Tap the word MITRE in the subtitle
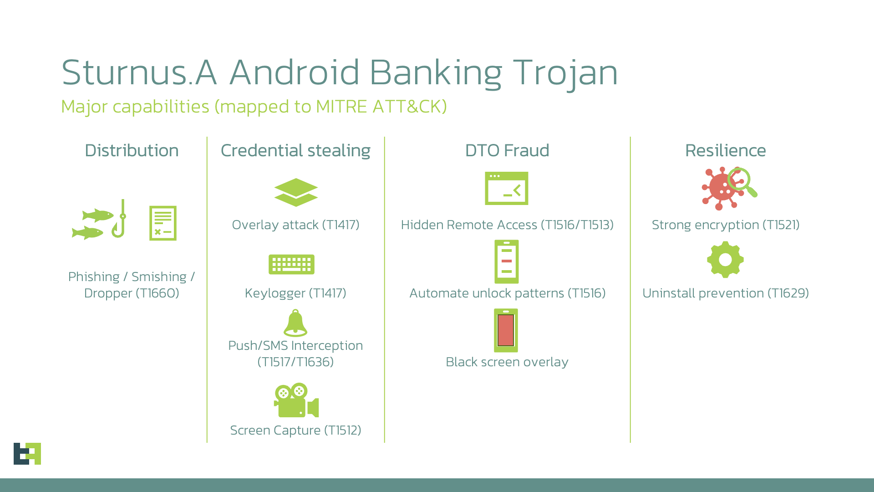[341, 107]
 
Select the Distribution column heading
[132, 150]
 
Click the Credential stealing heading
[295, 151]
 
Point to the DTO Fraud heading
[507, 150]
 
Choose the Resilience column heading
[726, 150]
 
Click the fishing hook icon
[120, 219]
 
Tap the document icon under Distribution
[163, 223]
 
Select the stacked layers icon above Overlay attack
[296, 192]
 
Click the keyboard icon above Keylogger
[291, 264]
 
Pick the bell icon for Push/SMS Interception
[295, 323]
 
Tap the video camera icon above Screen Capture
[296, 400]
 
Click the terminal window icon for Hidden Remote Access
[507, 188]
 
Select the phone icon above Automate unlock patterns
[507, 262]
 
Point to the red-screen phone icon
[506, 330]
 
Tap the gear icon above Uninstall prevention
[726, 260]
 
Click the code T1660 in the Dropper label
[157, 293]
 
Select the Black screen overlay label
[507, 362]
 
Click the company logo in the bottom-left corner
[27, 454]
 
